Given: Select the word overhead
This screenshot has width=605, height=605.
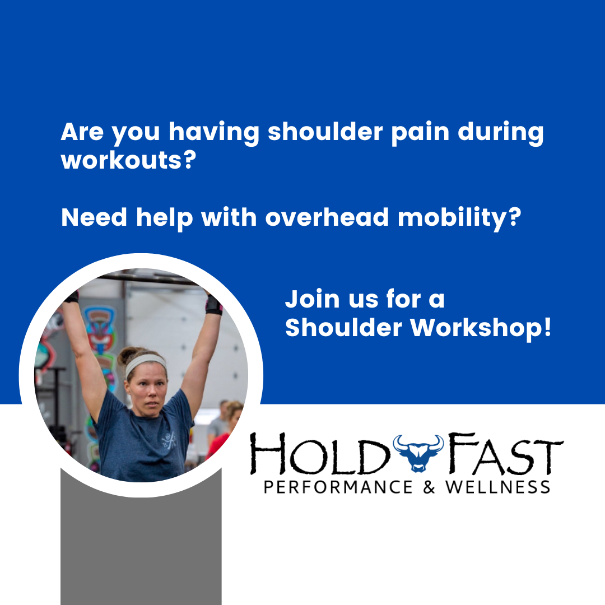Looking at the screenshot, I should (x=327, y=217).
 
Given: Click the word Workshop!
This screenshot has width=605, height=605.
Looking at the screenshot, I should (x=481, y=328).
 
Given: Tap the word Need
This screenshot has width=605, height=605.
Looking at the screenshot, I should (x=94, y=217).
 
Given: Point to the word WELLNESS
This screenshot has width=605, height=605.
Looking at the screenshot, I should (x=498, y=486).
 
